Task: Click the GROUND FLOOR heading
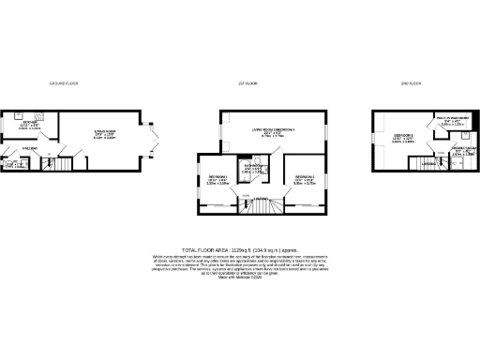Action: coord(63,84)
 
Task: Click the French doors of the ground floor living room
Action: coord(154,145)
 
